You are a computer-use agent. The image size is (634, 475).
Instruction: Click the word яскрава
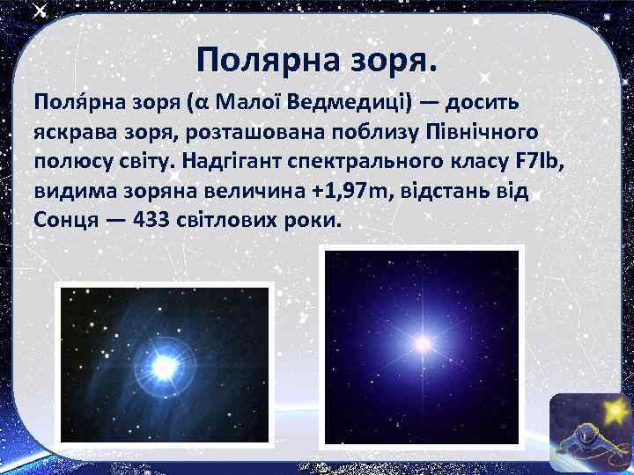pos(75,133)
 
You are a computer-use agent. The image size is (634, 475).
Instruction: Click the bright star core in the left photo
pos(165,362)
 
